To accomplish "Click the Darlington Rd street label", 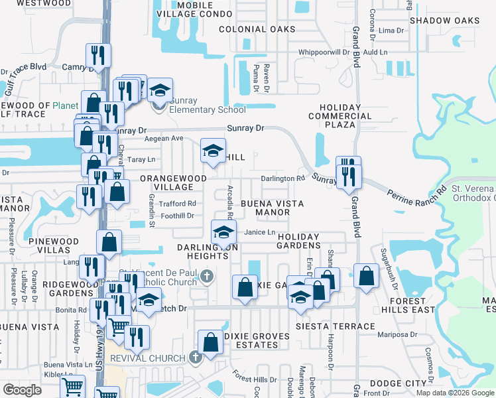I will (x=282, y=178).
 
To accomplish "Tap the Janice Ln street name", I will (x=259, y=232).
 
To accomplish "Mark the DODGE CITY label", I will (x=397, y=383).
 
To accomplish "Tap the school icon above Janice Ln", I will (x=224, y=232).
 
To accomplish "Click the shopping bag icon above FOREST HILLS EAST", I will (x=366, y=275).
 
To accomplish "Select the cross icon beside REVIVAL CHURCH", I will (x=194, y=358).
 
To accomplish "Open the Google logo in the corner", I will (x=22, y=390).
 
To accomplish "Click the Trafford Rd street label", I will (x=182, y=204).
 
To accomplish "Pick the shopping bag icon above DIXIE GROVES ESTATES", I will (x=210, y=342).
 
